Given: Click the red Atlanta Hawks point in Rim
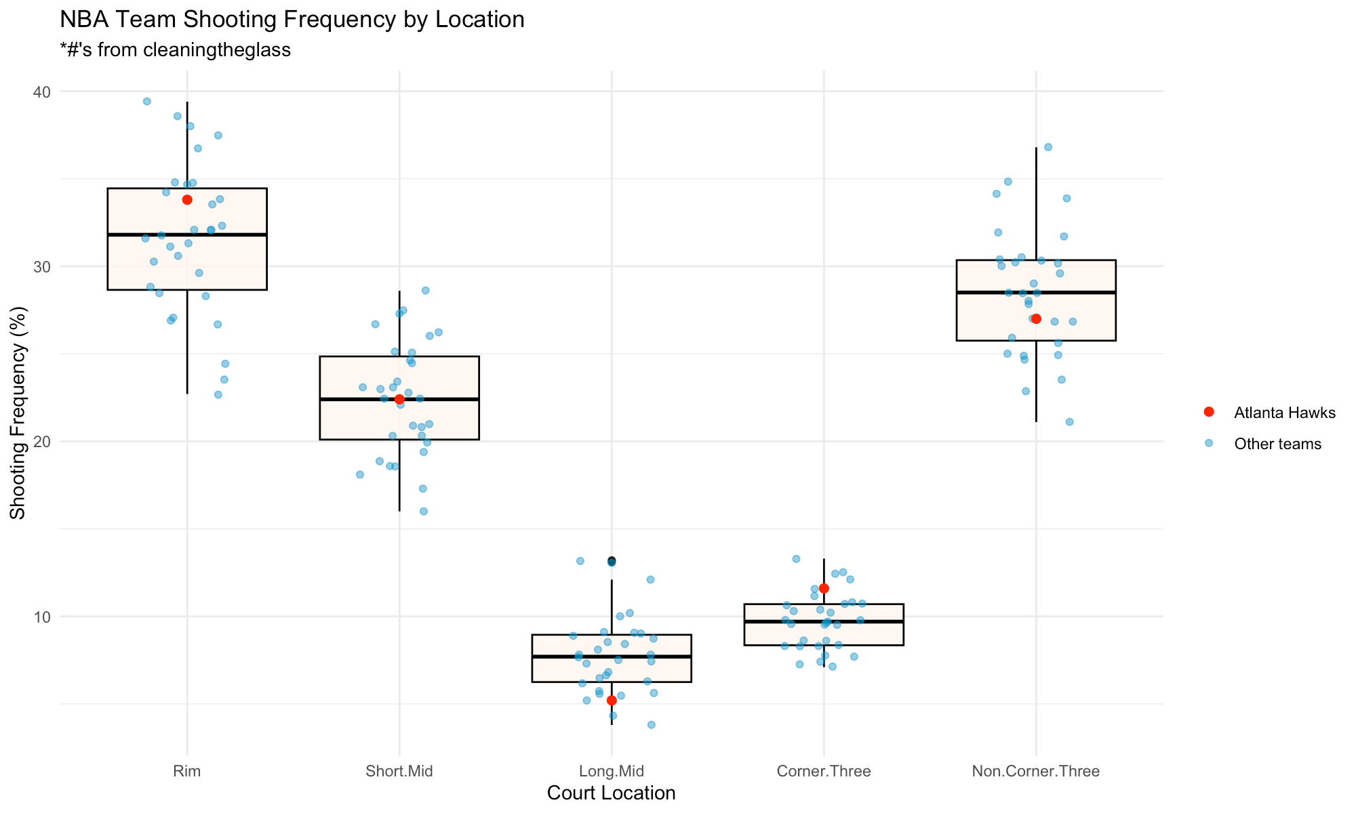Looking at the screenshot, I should coord(187,200).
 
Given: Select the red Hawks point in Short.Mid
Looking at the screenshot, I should coord(399,399).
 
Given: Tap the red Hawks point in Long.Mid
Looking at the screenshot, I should coord(612,700).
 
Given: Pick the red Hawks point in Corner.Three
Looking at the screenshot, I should coord(824,588).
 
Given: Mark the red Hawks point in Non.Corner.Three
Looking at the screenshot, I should coord(1036,319).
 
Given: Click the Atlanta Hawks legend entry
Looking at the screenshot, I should coord(1284,413).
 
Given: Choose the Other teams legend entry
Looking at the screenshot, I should coord(1277,444).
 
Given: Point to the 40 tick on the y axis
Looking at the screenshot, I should coord(45,91).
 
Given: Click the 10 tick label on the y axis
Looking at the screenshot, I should coord(45,617).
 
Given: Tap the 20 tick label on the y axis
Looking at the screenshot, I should coord(45,442).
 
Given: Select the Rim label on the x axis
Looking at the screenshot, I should coord(187,771).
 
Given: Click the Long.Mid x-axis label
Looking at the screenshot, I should coord(612,771).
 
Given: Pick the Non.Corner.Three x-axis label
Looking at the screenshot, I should coord(1036,771).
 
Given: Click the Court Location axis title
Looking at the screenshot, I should coord(612,793).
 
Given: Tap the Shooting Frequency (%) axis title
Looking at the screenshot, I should coord(18,413).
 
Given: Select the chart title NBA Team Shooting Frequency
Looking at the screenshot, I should coord(292,20).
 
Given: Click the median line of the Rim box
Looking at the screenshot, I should coord(187,234).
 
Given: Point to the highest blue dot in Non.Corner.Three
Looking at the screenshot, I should coord(1048,147).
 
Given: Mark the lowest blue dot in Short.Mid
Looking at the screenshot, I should coord(424,512).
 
